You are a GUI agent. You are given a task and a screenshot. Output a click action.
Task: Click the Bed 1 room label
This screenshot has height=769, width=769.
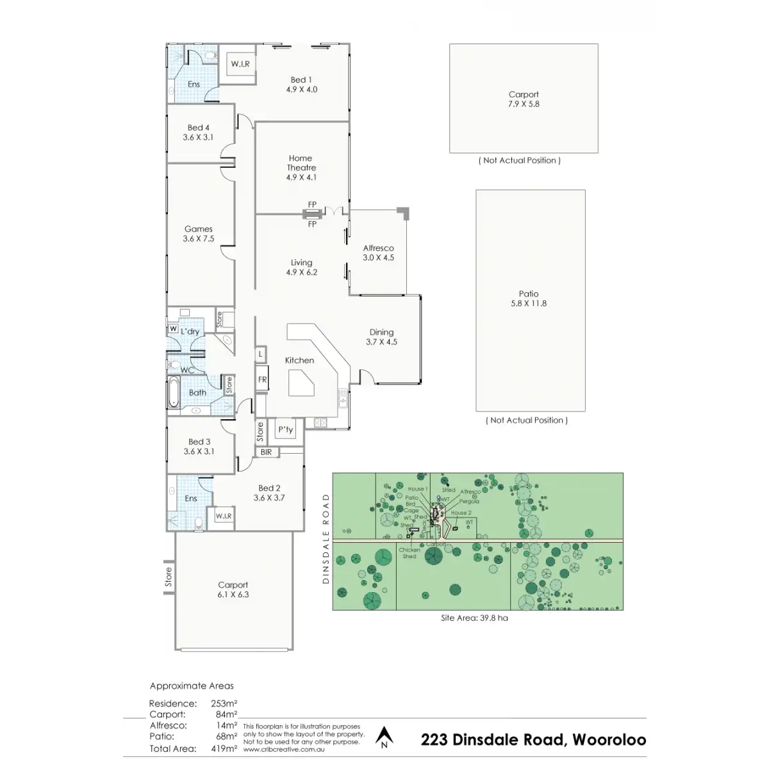click(x=301, y=85)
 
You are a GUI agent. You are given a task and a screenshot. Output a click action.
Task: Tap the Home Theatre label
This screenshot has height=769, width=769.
click(x=301, y=167)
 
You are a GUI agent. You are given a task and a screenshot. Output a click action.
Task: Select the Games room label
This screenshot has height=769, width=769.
click(x=199, y=233)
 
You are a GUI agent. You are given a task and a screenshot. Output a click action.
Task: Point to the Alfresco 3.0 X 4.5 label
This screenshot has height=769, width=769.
click(x=378, y=252)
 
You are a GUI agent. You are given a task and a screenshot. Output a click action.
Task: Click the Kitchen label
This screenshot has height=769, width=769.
click(x=299, y=360)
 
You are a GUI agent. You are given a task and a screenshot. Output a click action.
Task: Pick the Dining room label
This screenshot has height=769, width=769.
click(x=381, y=336)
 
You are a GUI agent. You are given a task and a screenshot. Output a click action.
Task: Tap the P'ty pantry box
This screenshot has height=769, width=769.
click(x=285, y=430)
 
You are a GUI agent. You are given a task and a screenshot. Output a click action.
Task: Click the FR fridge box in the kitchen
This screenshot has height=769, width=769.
click(x=262, y=379)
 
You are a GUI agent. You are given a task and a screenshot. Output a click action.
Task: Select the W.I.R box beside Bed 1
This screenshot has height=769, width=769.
click(x=240, y=64)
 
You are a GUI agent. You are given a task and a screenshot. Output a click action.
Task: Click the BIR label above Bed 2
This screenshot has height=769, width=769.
click(x=266, y=452)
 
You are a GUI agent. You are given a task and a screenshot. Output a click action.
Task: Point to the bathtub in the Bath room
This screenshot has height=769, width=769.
click(x=174, y=393)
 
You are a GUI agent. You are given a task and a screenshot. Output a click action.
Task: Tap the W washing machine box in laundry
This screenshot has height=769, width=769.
click(x=173, y=329)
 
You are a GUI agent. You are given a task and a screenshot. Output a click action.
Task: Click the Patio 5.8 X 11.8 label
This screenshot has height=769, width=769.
click(x=529, y=299)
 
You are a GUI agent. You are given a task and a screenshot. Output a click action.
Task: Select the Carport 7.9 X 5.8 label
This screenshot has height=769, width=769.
click(x=524, y=99)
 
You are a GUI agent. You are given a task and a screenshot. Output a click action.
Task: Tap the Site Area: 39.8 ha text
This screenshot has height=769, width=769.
click(x=474, y=618)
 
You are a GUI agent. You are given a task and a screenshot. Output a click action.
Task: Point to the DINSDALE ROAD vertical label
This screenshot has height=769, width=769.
click(x=325, y=538)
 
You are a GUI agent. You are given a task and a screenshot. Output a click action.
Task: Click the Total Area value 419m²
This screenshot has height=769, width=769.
click(x=224, y=748)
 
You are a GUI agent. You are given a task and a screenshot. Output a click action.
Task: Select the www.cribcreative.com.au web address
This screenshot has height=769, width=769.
click(x=284, y=748)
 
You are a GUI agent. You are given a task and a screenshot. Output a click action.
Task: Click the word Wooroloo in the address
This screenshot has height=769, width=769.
click(x=609, y=740)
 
